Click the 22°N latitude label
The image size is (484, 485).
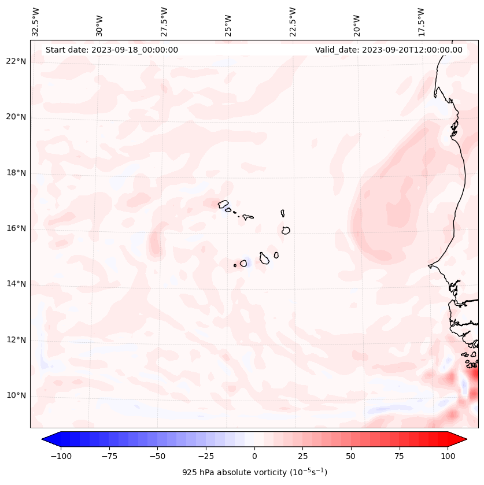click(x=16, y=61)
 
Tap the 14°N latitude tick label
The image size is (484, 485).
click(x=16, y=284)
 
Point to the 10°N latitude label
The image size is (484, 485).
click(x=16, y=395)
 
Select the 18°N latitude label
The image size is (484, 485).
click(x=16, y=173)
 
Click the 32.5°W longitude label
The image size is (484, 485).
click(x=36, y=21)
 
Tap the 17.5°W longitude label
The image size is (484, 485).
click(x=422, y=21)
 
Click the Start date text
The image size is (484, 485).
click(x=112, y=50)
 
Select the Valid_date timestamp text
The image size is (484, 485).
click(x=389, y=50)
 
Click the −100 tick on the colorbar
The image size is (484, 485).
click(x=61, y=456)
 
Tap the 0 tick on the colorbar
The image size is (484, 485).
click(x=254, y=456)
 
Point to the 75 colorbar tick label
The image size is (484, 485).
click(x=399, y=456)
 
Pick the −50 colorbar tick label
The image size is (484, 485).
click(x=157, y=456)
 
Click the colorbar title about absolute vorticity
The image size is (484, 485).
click(x=254, y=472)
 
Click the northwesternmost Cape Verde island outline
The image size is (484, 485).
click(x=223, y=203)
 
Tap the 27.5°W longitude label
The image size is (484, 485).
click(x=164, y=21)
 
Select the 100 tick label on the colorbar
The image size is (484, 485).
click(x=448, y=456)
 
